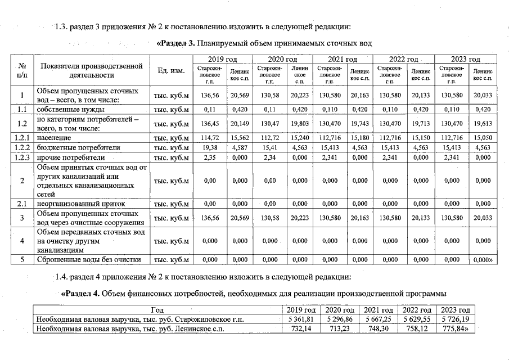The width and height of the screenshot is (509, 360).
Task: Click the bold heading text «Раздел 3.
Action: coord(175,44)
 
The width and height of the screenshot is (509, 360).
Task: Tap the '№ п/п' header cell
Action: coord(21,70)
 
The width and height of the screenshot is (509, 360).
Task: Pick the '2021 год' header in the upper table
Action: coord(343,59)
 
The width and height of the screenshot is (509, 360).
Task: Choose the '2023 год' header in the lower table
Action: coord(455,310)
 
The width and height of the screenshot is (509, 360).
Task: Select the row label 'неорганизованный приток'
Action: coord(80,203)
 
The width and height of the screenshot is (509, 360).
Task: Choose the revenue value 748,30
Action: coord(378,329)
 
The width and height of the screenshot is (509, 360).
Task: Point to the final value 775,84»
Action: coord(456,329)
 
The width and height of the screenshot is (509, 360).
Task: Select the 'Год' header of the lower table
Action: coord(157,310)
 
